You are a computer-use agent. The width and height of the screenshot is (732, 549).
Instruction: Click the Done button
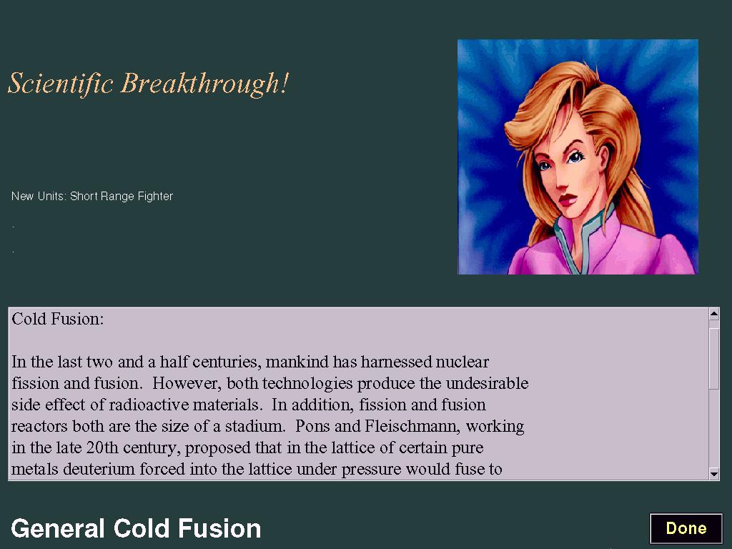[x=686, y=528]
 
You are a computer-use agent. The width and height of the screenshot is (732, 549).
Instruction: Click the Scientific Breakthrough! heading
[x=149, y=84]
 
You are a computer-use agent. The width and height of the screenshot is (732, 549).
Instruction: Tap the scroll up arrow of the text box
[x=714, y=315]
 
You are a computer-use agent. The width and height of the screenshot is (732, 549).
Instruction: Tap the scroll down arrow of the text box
[x=714, y=474]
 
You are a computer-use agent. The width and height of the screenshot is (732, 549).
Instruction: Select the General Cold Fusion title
[x=136, y=528]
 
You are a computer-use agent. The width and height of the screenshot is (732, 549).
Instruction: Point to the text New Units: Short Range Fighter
[x=92, y=196]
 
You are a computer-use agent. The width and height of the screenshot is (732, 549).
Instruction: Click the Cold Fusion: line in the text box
[x=58, y=319]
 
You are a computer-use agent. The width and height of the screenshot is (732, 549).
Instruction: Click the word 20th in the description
[x=102, y=447]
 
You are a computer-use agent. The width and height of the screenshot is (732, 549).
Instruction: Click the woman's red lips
[x=567, y=200]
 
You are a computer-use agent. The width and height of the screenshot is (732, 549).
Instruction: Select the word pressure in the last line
[x=371, y=470]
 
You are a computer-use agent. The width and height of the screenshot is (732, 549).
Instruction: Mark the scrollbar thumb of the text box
[x=714, y=359]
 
